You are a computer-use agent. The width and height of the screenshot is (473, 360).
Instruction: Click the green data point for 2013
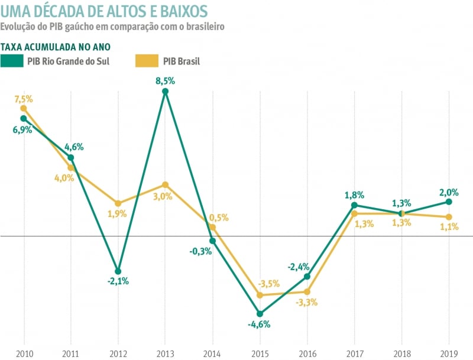(166, 91)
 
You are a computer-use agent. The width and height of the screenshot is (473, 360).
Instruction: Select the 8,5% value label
(165, 80)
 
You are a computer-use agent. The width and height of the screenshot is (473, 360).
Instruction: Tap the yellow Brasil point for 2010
(24, 108)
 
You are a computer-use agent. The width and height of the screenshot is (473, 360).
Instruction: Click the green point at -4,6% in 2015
(260, 314)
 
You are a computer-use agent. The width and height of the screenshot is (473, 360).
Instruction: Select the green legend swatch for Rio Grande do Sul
(12, 60)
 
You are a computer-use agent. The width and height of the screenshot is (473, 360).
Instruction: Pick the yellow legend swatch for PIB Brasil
(147, 60)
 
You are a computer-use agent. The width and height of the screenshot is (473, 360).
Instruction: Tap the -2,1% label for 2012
(118, 281)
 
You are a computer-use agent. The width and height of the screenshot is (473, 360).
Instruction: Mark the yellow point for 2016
(307, 291)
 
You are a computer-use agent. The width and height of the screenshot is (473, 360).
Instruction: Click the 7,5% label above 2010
(23, 98)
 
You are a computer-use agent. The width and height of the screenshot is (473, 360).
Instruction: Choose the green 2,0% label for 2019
(449, 192)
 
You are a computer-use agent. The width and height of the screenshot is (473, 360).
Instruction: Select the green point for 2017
(354, 205)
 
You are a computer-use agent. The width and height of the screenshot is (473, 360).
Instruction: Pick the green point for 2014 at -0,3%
(212, 241)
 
